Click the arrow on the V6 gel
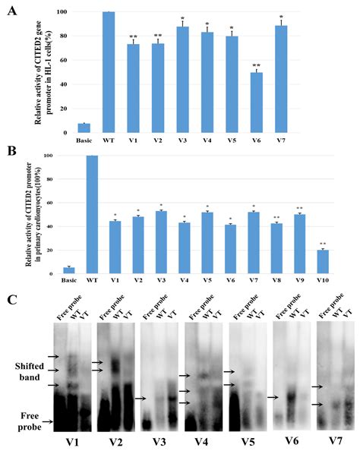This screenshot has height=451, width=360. pyautogui.click(x=272, y=396)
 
